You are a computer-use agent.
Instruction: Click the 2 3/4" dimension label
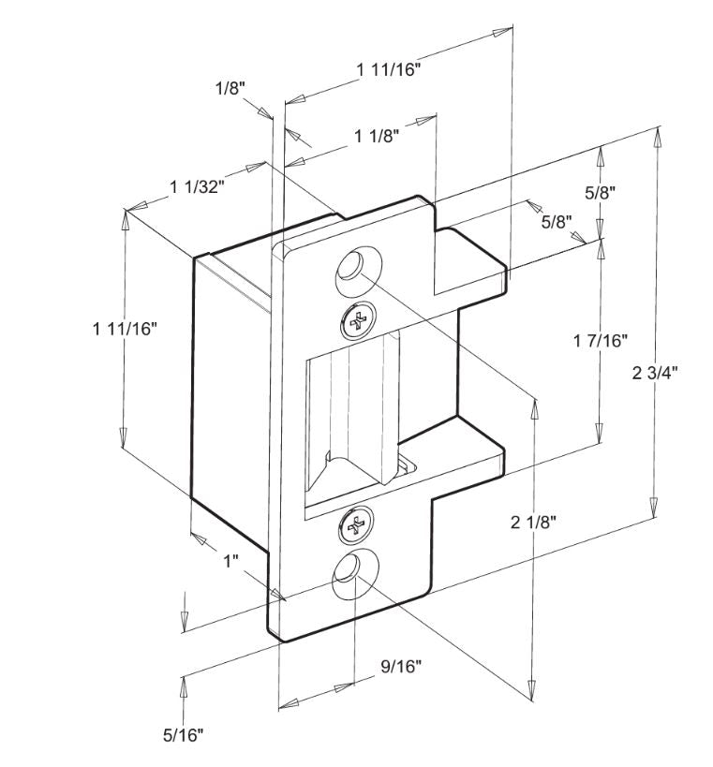coord(655,373)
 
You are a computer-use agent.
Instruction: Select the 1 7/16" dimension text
coord(600,340)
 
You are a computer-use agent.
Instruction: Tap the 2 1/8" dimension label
coord(533,523)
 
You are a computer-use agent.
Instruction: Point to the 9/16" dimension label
coord(401,666)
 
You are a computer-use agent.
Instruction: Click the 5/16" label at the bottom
coord(183,734)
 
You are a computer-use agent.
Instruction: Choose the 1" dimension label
coord(231,561)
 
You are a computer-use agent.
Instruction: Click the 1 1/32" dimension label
coord(197,186)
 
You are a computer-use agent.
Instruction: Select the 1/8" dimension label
coord(230,89)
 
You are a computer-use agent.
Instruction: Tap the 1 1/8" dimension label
coord(377,136)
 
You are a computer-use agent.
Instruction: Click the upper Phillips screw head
coord(359,321)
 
